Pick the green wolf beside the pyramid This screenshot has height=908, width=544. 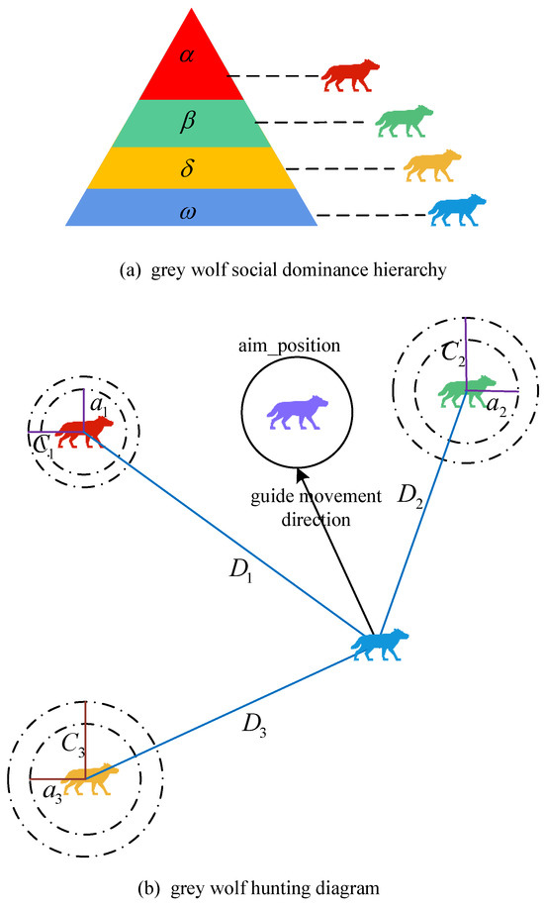[404, 122]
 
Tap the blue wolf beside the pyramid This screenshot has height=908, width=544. [459, 211]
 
